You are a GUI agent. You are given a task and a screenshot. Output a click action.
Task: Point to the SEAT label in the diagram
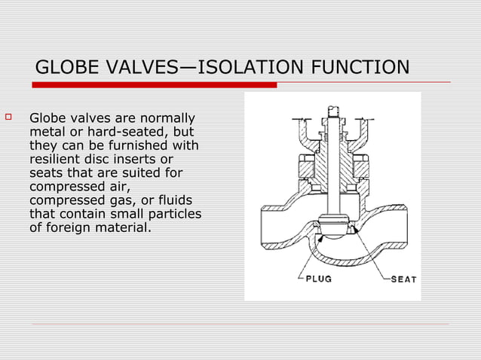(x=403, y=279)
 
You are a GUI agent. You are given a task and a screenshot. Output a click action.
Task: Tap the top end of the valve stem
(x=332, y=111)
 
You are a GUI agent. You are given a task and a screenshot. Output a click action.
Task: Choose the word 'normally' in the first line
(x=167, y=119)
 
